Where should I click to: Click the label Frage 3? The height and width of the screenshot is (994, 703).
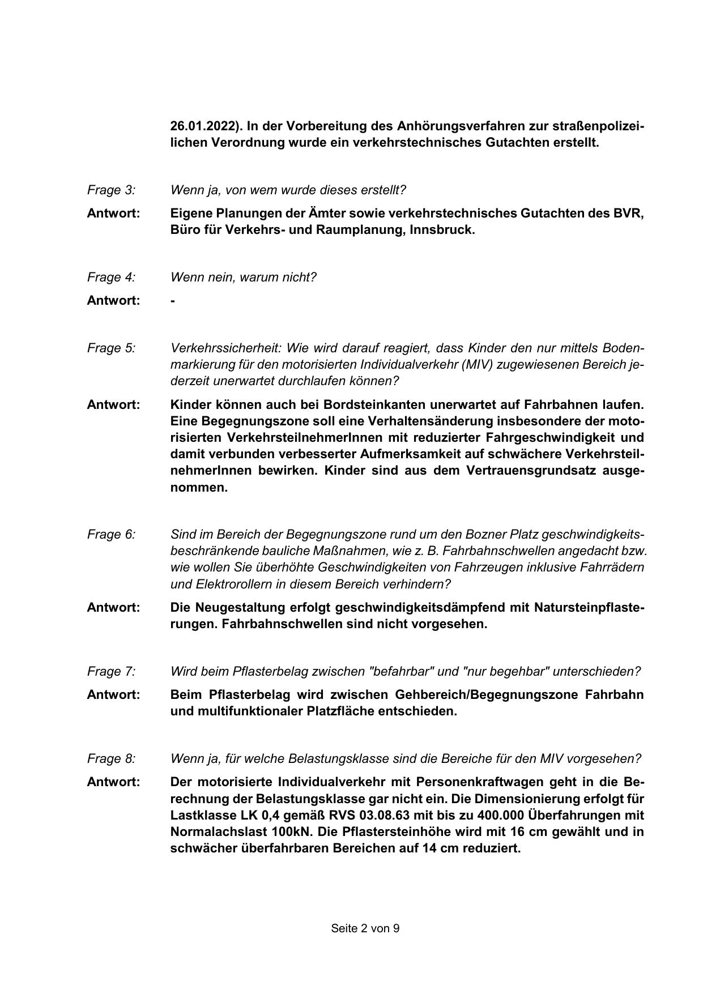pyautogui.click(x=111, y=190)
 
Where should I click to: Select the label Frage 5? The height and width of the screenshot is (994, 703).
pyautogui.click(x=111, y=348)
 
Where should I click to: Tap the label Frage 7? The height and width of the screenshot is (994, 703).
pyautogui.click(x=111, y=672)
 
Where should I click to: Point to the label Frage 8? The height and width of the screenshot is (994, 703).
pyautogui.click(x=111, y=759)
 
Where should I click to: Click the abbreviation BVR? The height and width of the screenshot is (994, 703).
pyautogui.click(x=629, y=214)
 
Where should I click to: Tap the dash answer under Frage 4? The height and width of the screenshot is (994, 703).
pyautogui.click(x=173, y=301)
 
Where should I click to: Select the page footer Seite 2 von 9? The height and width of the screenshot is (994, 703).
pyautogui.click(x=365, y=929)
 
